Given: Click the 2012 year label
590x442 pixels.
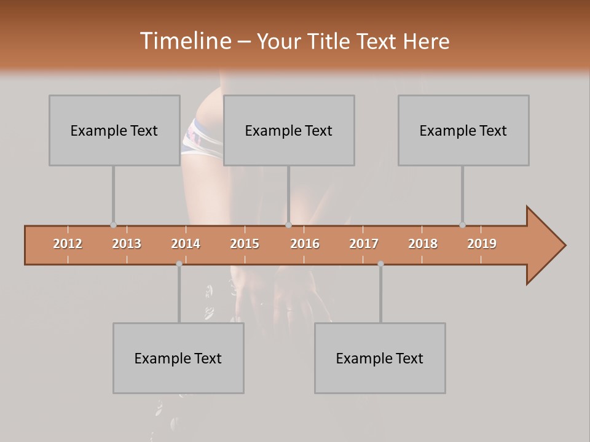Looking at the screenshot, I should (x=68, y=244).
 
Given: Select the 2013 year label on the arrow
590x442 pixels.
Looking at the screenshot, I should (x=127, y=244).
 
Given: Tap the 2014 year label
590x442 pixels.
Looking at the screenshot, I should (x=186, y=244).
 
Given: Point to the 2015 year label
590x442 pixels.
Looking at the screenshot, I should (x=245, y=244).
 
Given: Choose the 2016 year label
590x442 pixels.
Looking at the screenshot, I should (x=305, y=244).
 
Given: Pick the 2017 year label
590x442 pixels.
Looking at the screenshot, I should (x=364, y=244).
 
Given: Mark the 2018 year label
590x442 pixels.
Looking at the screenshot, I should (x=423, y=244).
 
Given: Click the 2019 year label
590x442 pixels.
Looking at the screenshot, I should (x=482, y=244).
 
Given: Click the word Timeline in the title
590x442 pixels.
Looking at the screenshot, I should (x=184, y=41).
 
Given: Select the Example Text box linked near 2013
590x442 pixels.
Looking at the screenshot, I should (x=114, y=131).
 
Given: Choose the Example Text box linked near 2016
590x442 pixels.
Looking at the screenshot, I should (x=289, y=131).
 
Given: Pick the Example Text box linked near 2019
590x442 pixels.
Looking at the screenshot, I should (x=463, y=131).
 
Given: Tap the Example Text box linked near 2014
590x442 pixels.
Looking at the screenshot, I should (x=178, y=359).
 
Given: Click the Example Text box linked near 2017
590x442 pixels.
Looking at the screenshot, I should (x=380, y=359).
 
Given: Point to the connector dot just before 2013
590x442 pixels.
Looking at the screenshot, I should (x=113, y=225).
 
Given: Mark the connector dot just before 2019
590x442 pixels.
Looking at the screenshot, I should (x=462, y=225).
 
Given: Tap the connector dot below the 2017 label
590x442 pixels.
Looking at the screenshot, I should (x=380, y=264).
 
